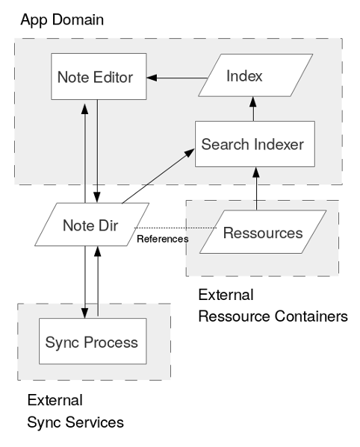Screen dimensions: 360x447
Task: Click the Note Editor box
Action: pyautogui.click(x=99, y=76)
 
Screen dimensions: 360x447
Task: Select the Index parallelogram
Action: pyautogui.click(x=255, y=75)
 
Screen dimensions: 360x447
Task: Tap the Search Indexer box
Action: pyautogui.click(x=255, y=144)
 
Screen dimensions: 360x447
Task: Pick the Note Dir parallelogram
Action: pyautogui.click(x=92, y=225)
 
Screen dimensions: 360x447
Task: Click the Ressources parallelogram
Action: pyautogui.click(x=263, y=232)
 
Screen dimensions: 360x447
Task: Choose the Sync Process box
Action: pyautogui.click(x=93, y=341)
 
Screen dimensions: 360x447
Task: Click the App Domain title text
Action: pyautogui.click(x=62, y=20)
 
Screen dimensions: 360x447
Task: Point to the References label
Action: pyautogui.click(x=163, y=239)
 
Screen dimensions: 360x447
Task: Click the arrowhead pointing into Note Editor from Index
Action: pyautogui.click(x=152, y=78)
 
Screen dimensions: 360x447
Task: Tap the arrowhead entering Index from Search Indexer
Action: pyautogui.click(x=253, y=101)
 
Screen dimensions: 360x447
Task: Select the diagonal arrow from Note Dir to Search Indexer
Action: pyautogui.click(x=158, y=176)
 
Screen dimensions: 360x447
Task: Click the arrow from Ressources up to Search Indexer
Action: pyautogui.click(x=256, y=189)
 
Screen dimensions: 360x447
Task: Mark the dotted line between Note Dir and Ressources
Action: pyautogui.click(x=176, y=228)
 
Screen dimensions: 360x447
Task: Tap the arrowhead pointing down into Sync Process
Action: pyautogui.click(x=84, y=313)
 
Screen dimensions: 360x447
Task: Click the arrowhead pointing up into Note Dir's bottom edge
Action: pyautogui.click(x=98, y=251)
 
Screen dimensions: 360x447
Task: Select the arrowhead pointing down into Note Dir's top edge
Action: pyautogui.click(x=97, y=197)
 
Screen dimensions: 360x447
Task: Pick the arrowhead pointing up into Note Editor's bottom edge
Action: pyautogui.click(x=84, y=109)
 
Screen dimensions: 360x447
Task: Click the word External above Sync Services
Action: pyautogui.click(x=55, y=400)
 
